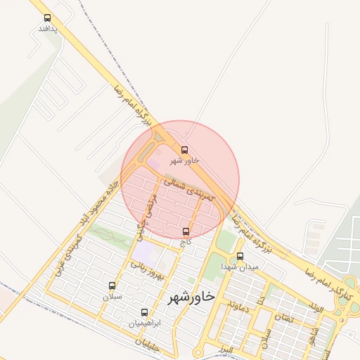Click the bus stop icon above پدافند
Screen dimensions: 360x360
tap(47, 18)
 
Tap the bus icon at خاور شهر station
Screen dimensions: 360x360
tap(185, 150)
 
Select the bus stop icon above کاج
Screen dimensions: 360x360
tap(186, 231)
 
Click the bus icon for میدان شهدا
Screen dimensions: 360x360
tap(240, 257)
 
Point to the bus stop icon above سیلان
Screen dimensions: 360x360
tap(112, 286)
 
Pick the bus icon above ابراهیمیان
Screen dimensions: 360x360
tap(145, 312)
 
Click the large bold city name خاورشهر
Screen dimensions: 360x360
tap(191, 298)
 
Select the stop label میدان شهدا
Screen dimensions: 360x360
tap(240, 267)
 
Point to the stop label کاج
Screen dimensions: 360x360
tap(186, 242)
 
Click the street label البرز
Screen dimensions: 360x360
tap(225, 349)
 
